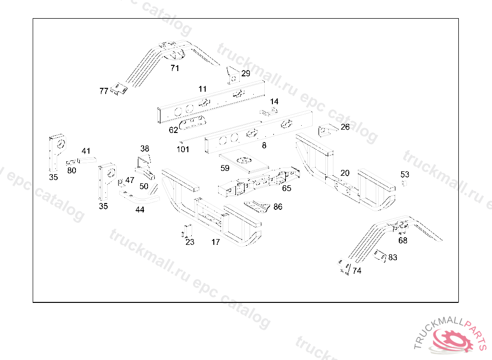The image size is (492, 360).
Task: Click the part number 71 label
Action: point(175,68)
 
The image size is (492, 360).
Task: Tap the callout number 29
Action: point(246,73)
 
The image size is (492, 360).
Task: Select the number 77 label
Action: point(104,91)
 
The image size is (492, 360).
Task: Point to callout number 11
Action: point(203,89)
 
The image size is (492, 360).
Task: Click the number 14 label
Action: point(274,102)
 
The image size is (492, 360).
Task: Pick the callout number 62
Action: point(173,130)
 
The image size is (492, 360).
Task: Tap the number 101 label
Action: point(183,149)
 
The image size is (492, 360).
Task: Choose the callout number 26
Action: point(345,127)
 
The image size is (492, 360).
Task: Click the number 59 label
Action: point(225,168)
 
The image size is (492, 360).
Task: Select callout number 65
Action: point(286,188)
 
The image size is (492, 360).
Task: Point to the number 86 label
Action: point(278,207)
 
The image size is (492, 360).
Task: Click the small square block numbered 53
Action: point(405,183)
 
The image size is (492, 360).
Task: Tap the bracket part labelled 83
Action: point(380,255)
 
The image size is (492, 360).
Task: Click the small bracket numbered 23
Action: point(188,231)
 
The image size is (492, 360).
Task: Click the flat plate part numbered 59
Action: point(244,163)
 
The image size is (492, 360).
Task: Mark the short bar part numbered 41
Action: point(87,160)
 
